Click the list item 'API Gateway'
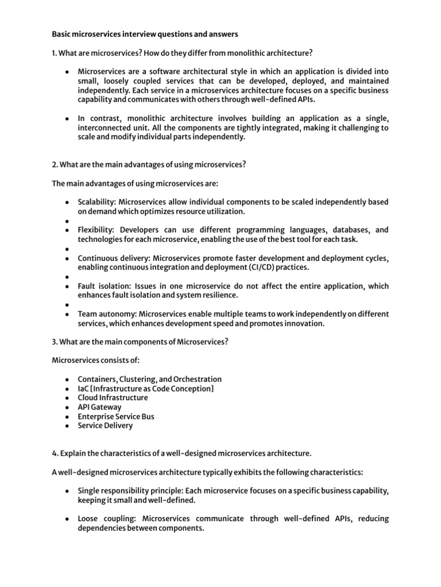[99, 407]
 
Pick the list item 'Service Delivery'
[105, 425]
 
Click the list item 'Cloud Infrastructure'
[113, 397]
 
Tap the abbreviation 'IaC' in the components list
[84, 389]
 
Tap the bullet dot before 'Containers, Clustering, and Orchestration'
[67, 379]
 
